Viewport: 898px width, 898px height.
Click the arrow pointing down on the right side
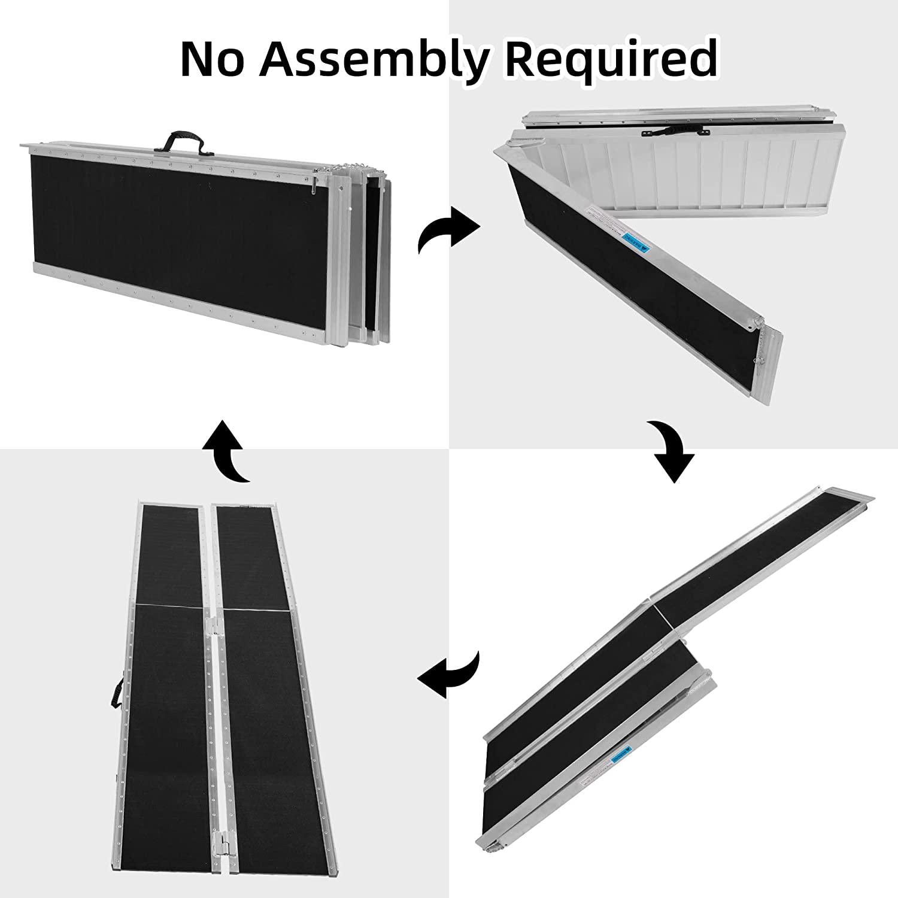point(673,452)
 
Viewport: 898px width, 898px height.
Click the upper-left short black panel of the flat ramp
point(169,554)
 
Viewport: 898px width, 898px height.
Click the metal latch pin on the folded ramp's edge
point(313,187)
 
